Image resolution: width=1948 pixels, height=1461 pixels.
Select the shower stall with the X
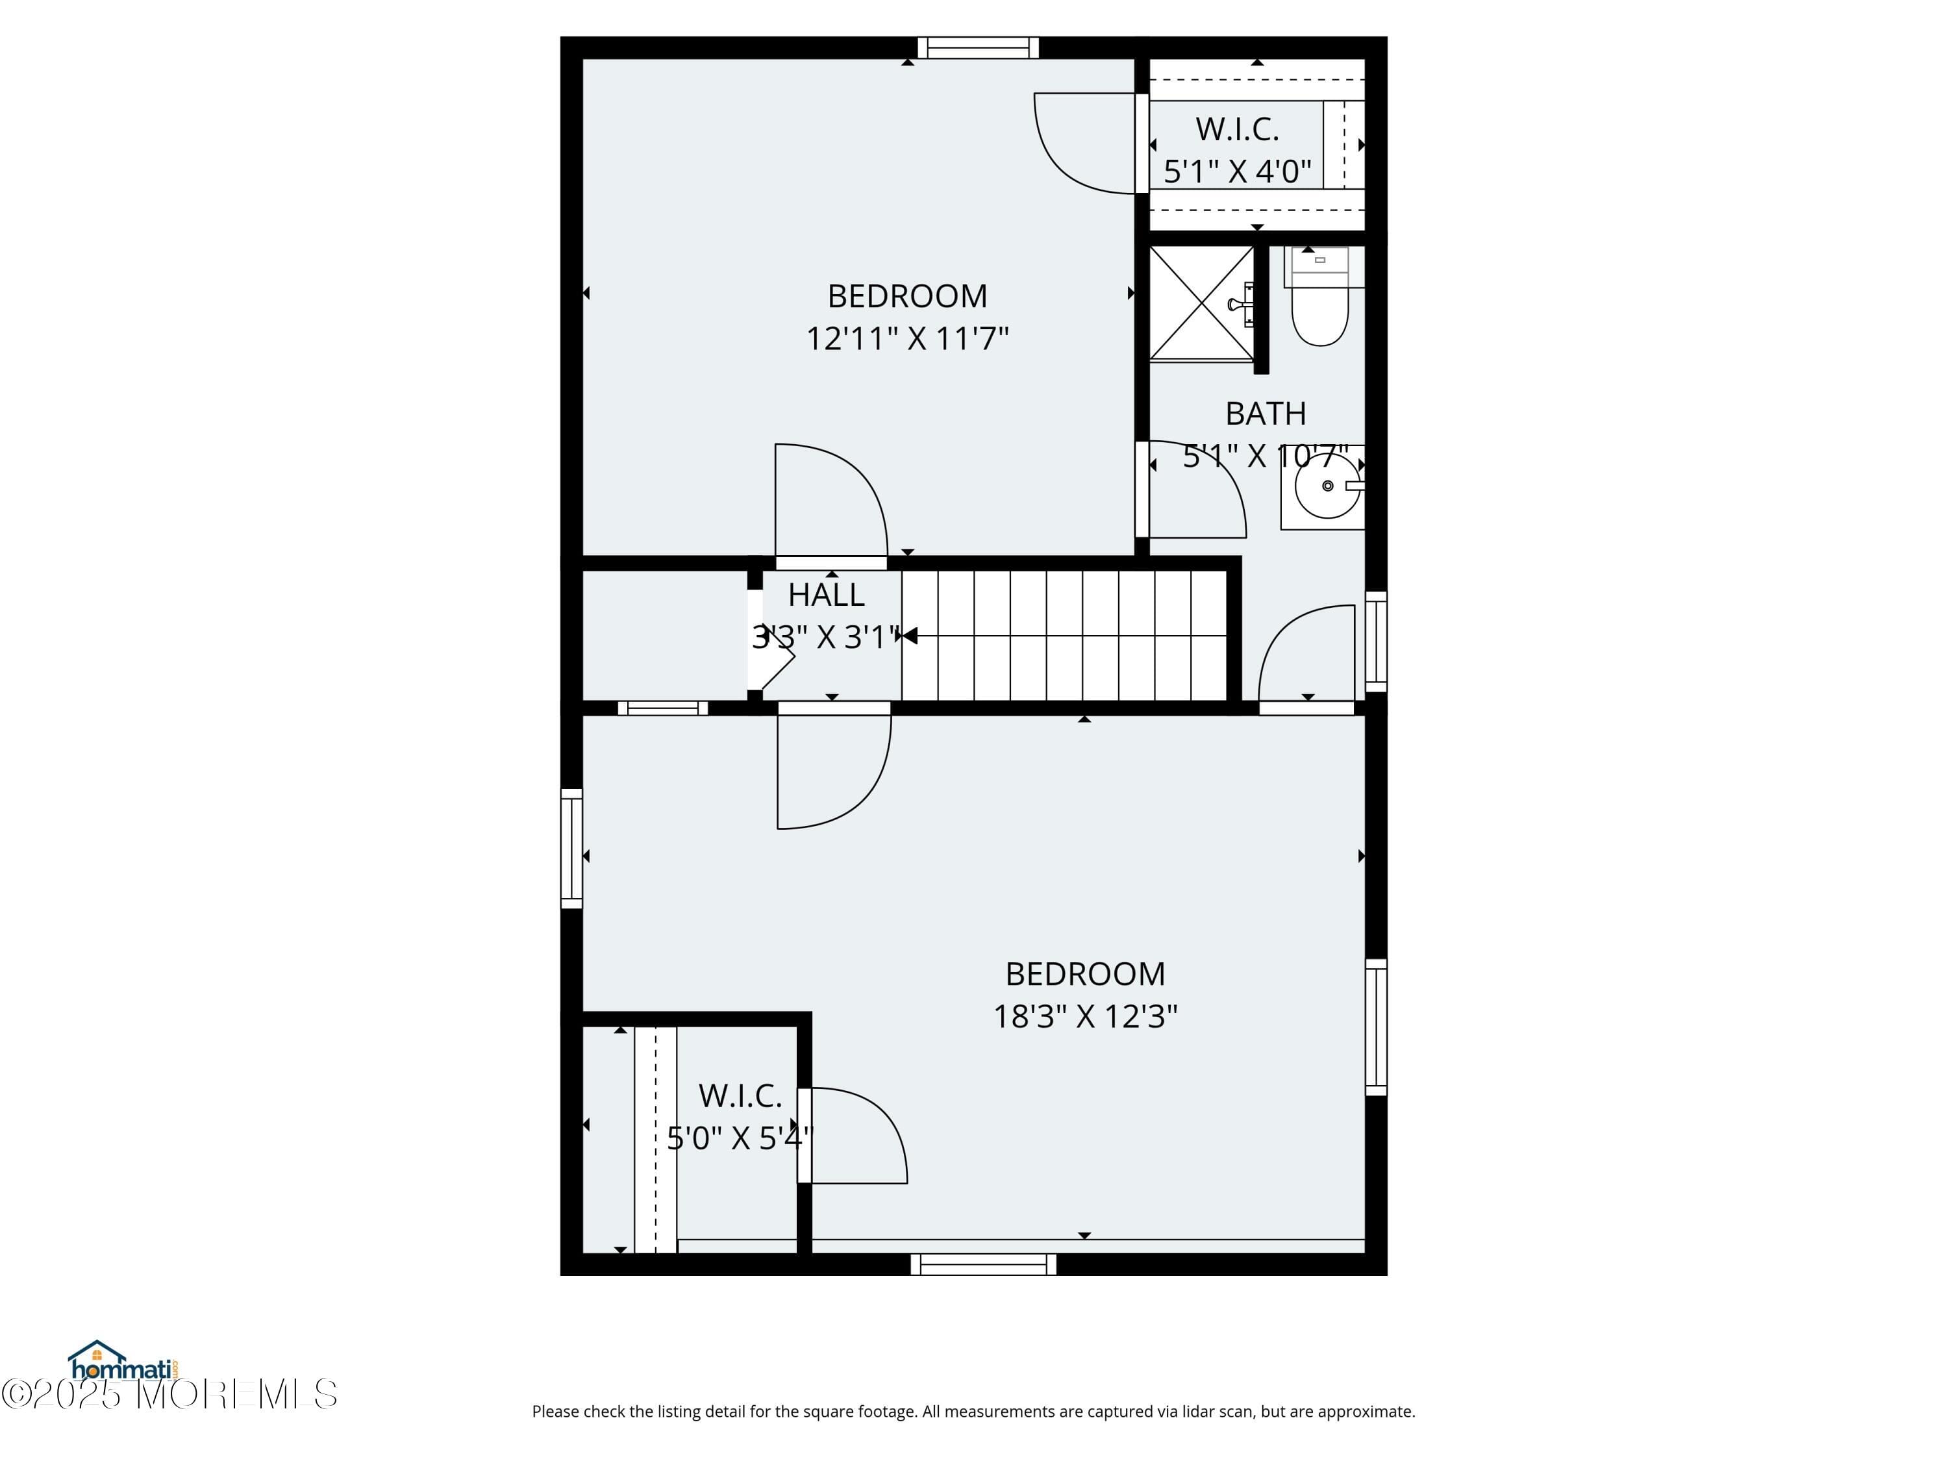[1201, 303]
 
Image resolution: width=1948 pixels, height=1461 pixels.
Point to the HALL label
[826, 595]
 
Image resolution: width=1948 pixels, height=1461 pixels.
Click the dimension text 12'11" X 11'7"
[907, 339]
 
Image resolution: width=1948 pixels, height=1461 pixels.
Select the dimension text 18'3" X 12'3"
[1085, 1017]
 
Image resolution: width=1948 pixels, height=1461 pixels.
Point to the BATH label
[1266, 414]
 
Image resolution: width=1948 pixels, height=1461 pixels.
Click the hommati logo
[123, 1362]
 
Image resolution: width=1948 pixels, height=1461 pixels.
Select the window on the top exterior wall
[977, 47]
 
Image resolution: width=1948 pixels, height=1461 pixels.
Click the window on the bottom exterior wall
[983, 1265]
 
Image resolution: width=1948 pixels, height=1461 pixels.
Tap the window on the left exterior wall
[571, 848]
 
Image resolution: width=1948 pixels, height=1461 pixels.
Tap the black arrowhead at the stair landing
[910, 636]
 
